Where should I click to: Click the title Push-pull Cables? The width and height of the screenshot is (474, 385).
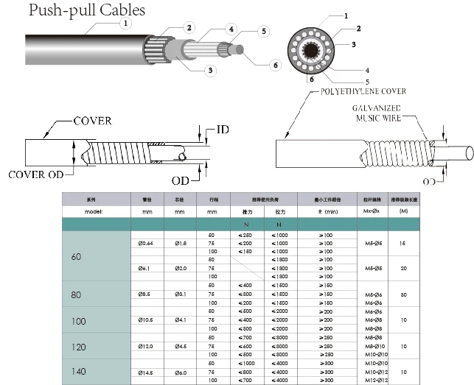tap(77, 10)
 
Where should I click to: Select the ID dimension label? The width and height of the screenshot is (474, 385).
tap(221, 130)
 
